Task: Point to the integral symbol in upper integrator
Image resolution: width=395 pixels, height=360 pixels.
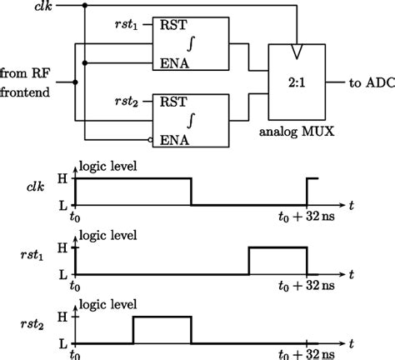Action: pos(192,42)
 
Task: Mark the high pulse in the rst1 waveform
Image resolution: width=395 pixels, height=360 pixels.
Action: pos(277,248)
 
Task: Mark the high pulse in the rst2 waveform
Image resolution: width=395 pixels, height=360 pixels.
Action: pos(162,317)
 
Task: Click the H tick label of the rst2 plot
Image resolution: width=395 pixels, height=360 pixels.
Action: pos(60,317)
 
